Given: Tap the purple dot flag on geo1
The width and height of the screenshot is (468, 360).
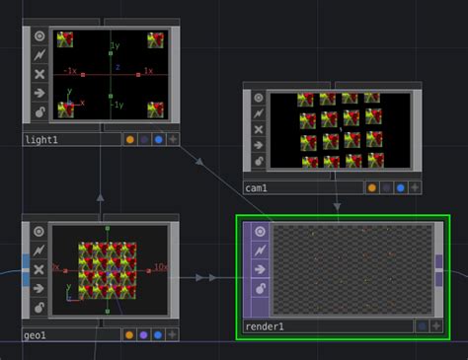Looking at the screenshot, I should pos(144,335).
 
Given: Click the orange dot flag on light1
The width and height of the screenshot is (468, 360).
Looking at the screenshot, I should pos(129,140).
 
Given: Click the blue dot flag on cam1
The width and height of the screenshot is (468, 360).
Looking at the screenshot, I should pos(400,187).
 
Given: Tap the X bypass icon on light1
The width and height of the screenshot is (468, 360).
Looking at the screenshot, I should pos(39,74).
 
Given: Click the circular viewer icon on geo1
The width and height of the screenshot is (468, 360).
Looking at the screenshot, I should pos(39,232).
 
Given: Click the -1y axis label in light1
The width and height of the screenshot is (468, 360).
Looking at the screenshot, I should pos(117,105).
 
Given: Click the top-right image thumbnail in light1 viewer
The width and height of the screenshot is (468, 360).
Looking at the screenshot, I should pos(156,40).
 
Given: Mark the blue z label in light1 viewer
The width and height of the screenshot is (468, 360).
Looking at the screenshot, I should pos(117,67).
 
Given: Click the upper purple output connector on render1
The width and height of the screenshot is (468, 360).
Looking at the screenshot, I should pos(439,261).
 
